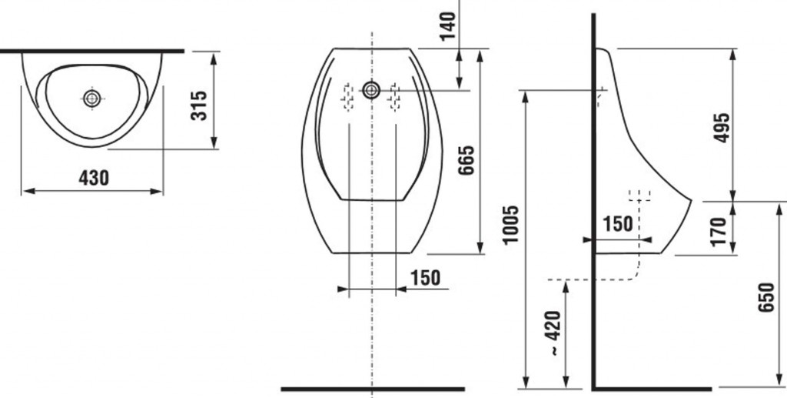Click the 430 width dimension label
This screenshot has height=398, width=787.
click(93, 177)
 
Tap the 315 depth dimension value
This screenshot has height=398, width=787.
click(199, 105)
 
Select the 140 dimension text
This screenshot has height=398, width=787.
click(447, 25)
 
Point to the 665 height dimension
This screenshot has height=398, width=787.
click(467, 160)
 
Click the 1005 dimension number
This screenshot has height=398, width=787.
click(510, 225)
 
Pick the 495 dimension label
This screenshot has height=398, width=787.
click(721, 128)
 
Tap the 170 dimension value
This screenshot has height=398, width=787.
click(719, 231)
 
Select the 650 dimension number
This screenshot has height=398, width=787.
click(766, 297)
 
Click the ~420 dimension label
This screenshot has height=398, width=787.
click(553, 333)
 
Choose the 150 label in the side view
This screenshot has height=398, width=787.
click(617, 223)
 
